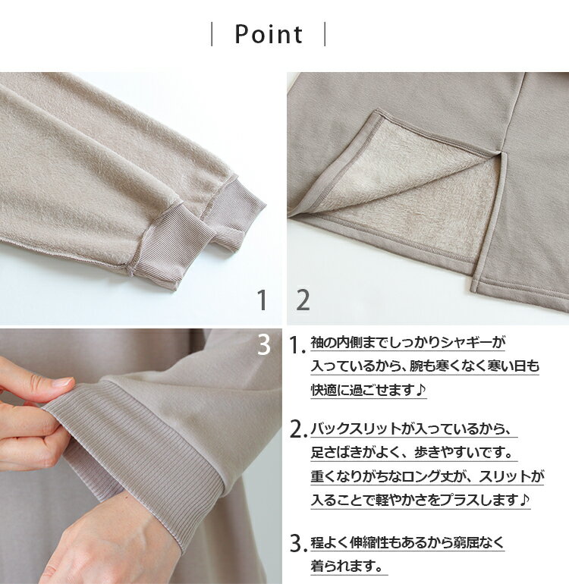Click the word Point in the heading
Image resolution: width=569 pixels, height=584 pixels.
(x=269, y=34)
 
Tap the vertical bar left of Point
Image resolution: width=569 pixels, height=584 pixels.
(x=212, y=34)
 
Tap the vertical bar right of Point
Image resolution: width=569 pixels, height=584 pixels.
(x=325, y=34)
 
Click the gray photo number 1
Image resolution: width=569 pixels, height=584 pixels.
(x=262, y=300)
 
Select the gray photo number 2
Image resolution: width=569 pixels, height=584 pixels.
(x=303, y=300)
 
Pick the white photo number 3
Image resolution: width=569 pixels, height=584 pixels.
(x=264, y=345)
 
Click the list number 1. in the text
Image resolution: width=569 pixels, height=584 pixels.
(x=297, y=345)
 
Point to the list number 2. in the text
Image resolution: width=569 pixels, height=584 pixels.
(x=299, y=429)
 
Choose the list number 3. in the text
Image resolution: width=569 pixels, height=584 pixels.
(x=299, y=544)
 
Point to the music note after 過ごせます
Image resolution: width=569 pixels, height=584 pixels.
(x=420, y=390)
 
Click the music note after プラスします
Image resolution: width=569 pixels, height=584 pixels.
(x=524, y=500)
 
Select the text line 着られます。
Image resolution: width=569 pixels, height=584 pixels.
(x=347, y=567)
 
